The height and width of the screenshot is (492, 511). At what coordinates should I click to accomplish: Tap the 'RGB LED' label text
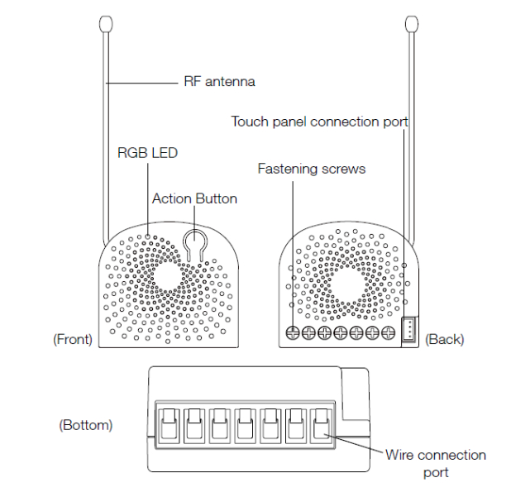[147, 152]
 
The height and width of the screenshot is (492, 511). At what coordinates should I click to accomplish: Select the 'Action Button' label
[194, 198]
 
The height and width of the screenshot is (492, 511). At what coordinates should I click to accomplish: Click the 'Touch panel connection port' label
[319, 122]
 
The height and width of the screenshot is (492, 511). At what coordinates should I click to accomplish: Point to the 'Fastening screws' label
[312, 169]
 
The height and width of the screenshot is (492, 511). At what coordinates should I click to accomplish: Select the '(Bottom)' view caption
[86, 425]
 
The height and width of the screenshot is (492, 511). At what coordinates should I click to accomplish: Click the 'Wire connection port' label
[436, 464]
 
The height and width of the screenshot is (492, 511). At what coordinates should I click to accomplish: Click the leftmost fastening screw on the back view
[294, 333]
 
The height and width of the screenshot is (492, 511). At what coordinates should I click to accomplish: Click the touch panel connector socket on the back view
[408, 329]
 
